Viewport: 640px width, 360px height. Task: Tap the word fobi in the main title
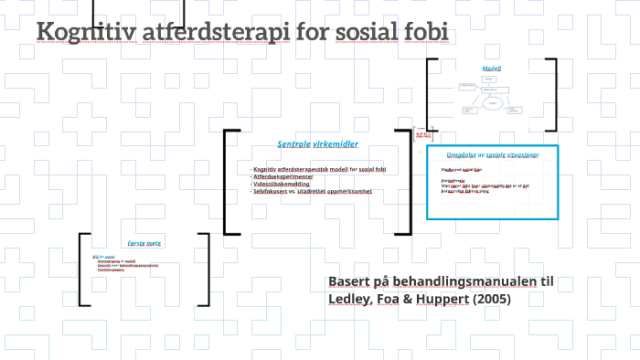tap(426, 33)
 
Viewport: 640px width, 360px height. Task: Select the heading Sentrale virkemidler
tap(317, 144)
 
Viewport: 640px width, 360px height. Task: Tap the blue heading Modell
tap(492, 69)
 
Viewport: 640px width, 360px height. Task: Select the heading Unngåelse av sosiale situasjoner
tap(492, 155)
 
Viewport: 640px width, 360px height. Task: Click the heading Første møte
tap(144, 245)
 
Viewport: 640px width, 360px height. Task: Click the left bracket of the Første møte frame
tap(82, 269)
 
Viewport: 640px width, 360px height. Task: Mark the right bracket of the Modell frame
tap(553, 96)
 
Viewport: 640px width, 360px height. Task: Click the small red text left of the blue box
tap(422, 135)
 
